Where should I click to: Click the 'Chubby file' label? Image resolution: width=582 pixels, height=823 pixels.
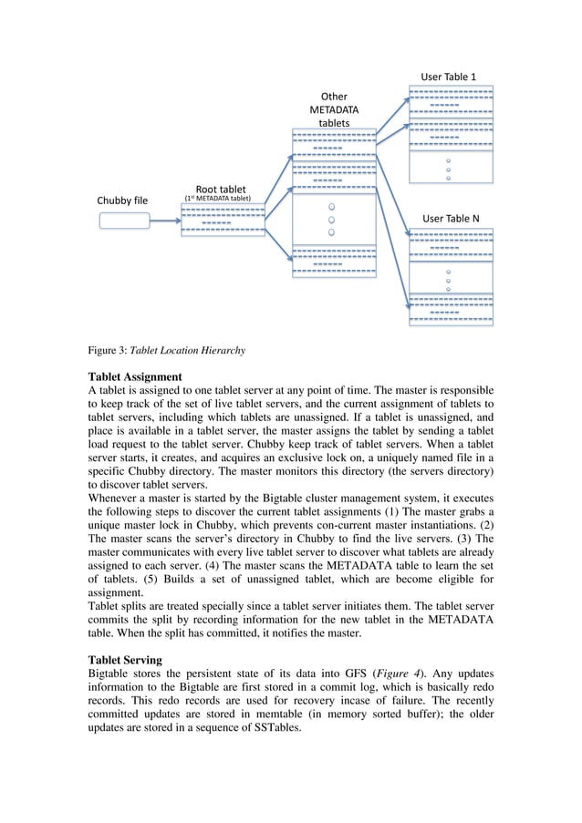(122, 201)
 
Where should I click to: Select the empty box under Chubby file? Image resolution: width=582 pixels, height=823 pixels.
(123, 220)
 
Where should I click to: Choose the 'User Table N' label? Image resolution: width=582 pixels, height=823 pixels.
(451, 219)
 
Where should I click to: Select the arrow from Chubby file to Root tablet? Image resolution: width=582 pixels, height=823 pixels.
(164, 220)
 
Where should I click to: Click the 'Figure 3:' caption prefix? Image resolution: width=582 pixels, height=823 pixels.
(108, 348)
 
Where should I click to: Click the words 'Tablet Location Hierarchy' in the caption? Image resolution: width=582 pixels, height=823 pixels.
(188, 348)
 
